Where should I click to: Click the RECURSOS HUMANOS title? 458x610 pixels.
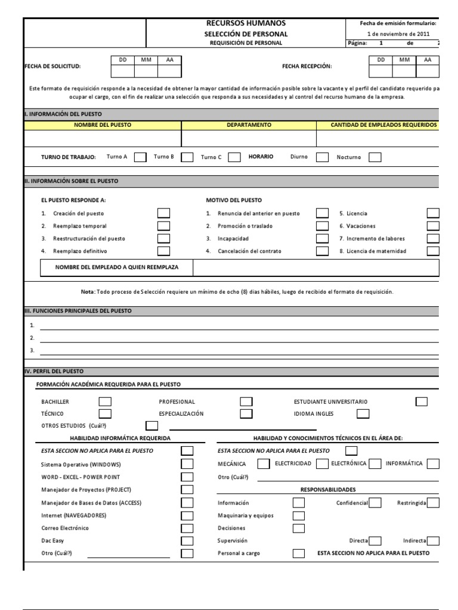coord(245,23)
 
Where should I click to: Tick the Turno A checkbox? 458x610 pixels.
coord(140,157)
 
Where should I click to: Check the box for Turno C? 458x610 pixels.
coord(234,157)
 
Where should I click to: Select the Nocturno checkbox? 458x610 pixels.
coord(375,157)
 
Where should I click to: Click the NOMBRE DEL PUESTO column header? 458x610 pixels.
coord(103,125)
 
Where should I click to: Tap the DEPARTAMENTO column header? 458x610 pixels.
coord(249,125)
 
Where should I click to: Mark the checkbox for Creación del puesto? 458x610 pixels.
coord(163,213)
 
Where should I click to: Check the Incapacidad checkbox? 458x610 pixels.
coord(322,238)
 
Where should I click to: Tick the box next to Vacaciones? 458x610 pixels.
coord(433,226)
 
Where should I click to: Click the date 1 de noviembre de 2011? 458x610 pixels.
coord(397,34)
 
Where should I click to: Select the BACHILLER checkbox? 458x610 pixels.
coord(105,402)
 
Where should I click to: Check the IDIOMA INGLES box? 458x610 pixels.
coord(363,413)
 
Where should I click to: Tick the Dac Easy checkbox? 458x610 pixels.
coord(187,541)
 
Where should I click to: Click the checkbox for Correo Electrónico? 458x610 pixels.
coord(187,528)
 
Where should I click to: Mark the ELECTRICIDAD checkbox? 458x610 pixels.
coord(322,463)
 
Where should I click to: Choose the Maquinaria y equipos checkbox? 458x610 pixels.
coord(299,515)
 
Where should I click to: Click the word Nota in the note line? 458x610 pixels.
coord(87,292)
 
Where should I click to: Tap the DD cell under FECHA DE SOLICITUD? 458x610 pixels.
coord(123,71)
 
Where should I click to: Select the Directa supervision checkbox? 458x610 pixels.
coord(375,541)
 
